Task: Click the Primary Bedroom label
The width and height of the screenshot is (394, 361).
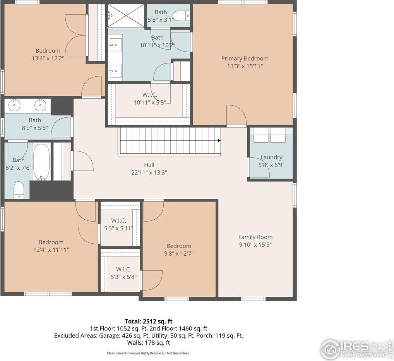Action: (245, 58)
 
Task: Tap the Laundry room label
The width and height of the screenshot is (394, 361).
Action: (271, 157)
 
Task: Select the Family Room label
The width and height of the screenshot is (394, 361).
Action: (255, 237)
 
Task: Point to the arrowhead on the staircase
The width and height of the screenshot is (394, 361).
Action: (219, 141)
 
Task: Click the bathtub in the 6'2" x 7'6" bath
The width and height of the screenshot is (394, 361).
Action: (41, 162)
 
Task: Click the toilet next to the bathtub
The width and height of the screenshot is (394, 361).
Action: (19, 190)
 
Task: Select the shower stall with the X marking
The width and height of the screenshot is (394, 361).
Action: (125, 16)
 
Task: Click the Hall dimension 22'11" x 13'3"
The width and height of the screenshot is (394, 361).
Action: (149, 173)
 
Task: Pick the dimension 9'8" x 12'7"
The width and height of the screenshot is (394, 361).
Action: (179, 254)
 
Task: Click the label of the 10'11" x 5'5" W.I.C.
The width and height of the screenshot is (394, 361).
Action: (149, 95)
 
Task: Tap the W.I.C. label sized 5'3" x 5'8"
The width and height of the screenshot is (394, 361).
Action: (123, 269)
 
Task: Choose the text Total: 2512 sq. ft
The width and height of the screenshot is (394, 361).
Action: (149, 321)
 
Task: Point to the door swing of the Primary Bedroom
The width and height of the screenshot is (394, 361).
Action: (236, 115)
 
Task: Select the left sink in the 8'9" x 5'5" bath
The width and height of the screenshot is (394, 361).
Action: (15, 105)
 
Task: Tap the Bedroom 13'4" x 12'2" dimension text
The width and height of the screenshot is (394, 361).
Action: (48, 58)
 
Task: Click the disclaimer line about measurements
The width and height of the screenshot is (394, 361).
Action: (149, 353)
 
